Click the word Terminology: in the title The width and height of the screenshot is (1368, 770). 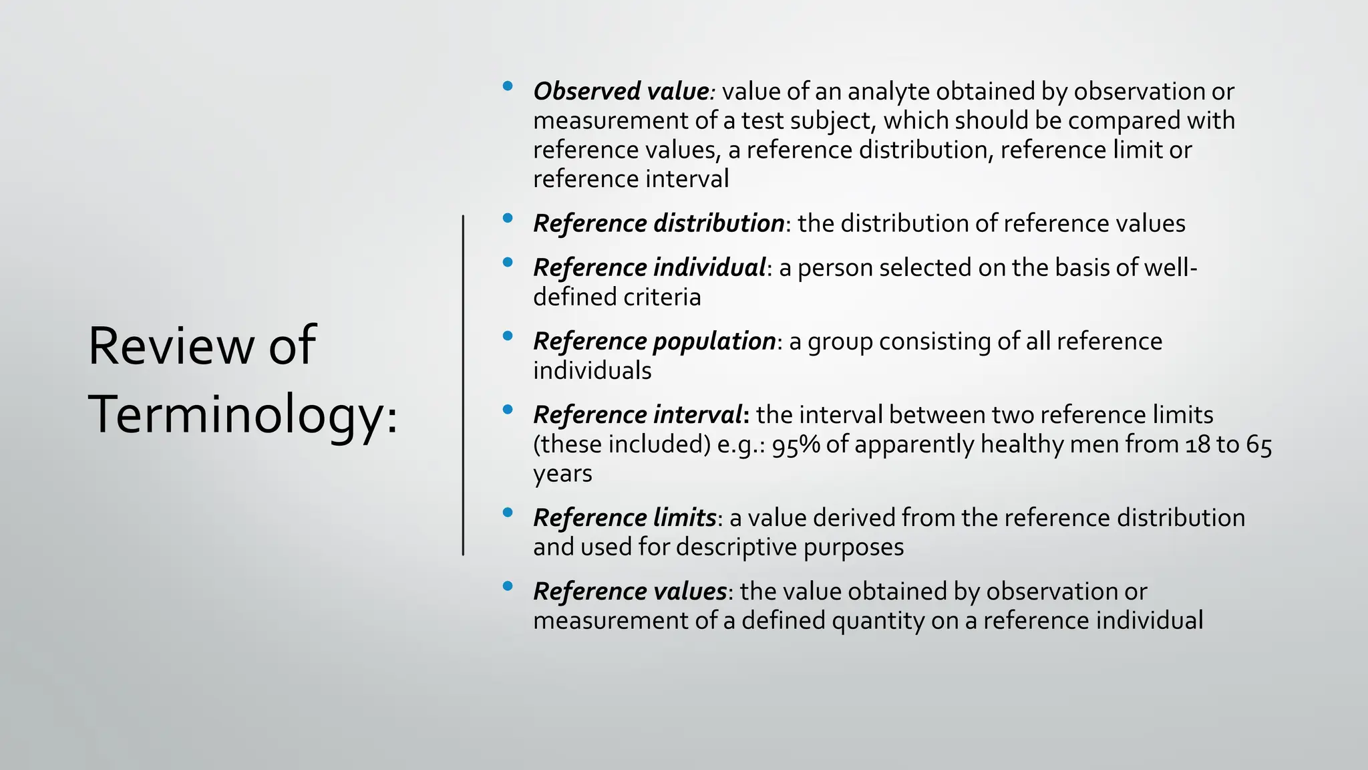pyautogui.click(x=243, y=414)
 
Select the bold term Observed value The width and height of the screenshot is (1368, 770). pyautogui.click(x=621, y=91)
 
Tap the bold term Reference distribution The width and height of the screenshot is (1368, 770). pyautogui.click(x=659, y=223)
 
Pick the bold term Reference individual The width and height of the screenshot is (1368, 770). pyautogui.click(x=649, y=267)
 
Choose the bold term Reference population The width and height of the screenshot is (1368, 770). pyautogui.click(x=654, y=341)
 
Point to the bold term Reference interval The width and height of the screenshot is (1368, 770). pyautogui.click(x=637, y=414)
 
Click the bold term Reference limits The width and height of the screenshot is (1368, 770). pyautogui.click(x=625, y=517)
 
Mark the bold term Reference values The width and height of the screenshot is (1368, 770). pyautogui.click(x=630, y=591)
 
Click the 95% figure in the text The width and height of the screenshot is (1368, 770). pyautogui.click(x=796, y=444)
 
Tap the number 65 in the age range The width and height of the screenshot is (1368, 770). pyautogui.click(x=1259, y=444)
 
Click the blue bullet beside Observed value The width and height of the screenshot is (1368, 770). pyautogui.click(x=508, y=86)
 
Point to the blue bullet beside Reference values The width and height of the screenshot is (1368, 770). pyautogui.click(x=508, y=586)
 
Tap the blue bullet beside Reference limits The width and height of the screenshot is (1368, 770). pyautogui.click(x=508, y=513)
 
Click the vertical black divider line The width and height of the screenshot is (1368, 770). pyautogui.click(x=463, y=385)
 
